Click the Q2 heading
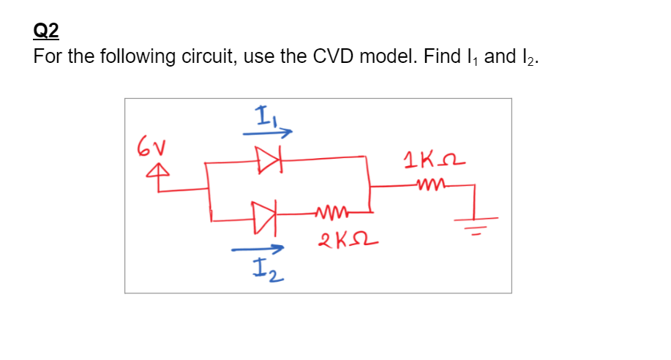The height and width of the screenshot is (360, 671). (46, 31)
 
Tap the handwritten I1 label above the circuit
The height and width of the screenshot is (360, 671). (263, 116)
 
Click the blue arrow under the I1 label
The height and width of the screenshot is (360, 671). (267, 132)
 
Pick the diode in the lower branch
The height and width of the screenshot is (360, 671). (263, 217)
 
